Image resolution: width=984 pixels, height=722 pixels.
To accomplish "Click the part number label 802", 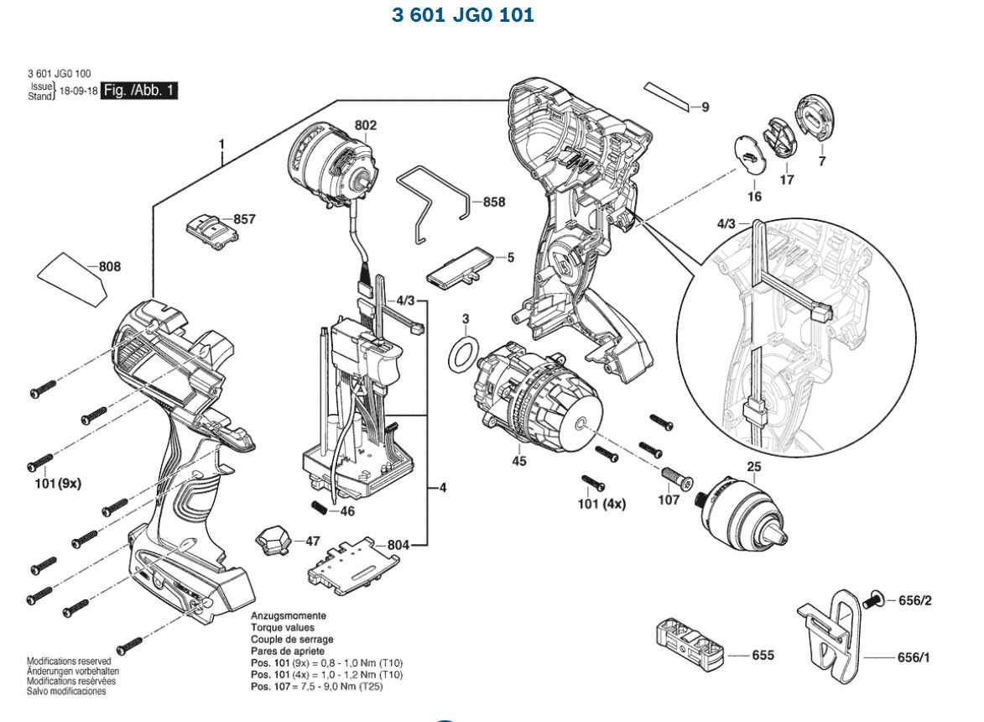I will (365, 125).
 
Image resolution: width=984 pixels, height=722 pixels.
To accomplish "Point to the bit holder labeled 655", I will (690, 644).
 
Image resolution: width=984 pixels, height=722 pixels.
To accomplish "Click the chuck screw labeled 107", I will (675, 478).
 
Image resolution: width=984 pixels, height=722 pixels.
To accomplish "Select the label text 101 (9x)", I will (59, 484).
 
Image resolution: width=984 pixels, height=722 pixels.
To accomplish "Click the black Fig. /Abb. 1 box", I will (138, 91).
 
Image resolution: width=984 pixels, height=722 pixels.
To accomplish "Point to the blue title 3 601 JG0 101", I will (462, 15).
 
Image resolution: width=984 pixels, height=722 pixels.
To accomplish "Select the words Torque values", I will (283, 627).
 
